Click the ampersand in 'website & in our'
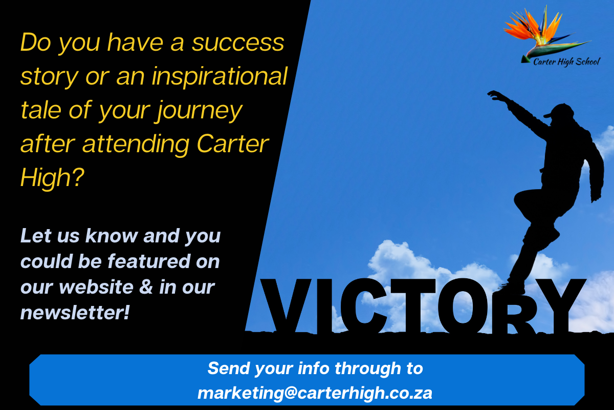tap(145, 287)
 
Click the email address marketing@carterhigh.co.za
tap(315, 393)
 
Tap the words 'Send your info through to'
tap(315, 368)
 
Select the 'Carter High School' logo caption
tap(566, 62)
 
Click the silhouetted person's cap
tap(559, 111)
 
